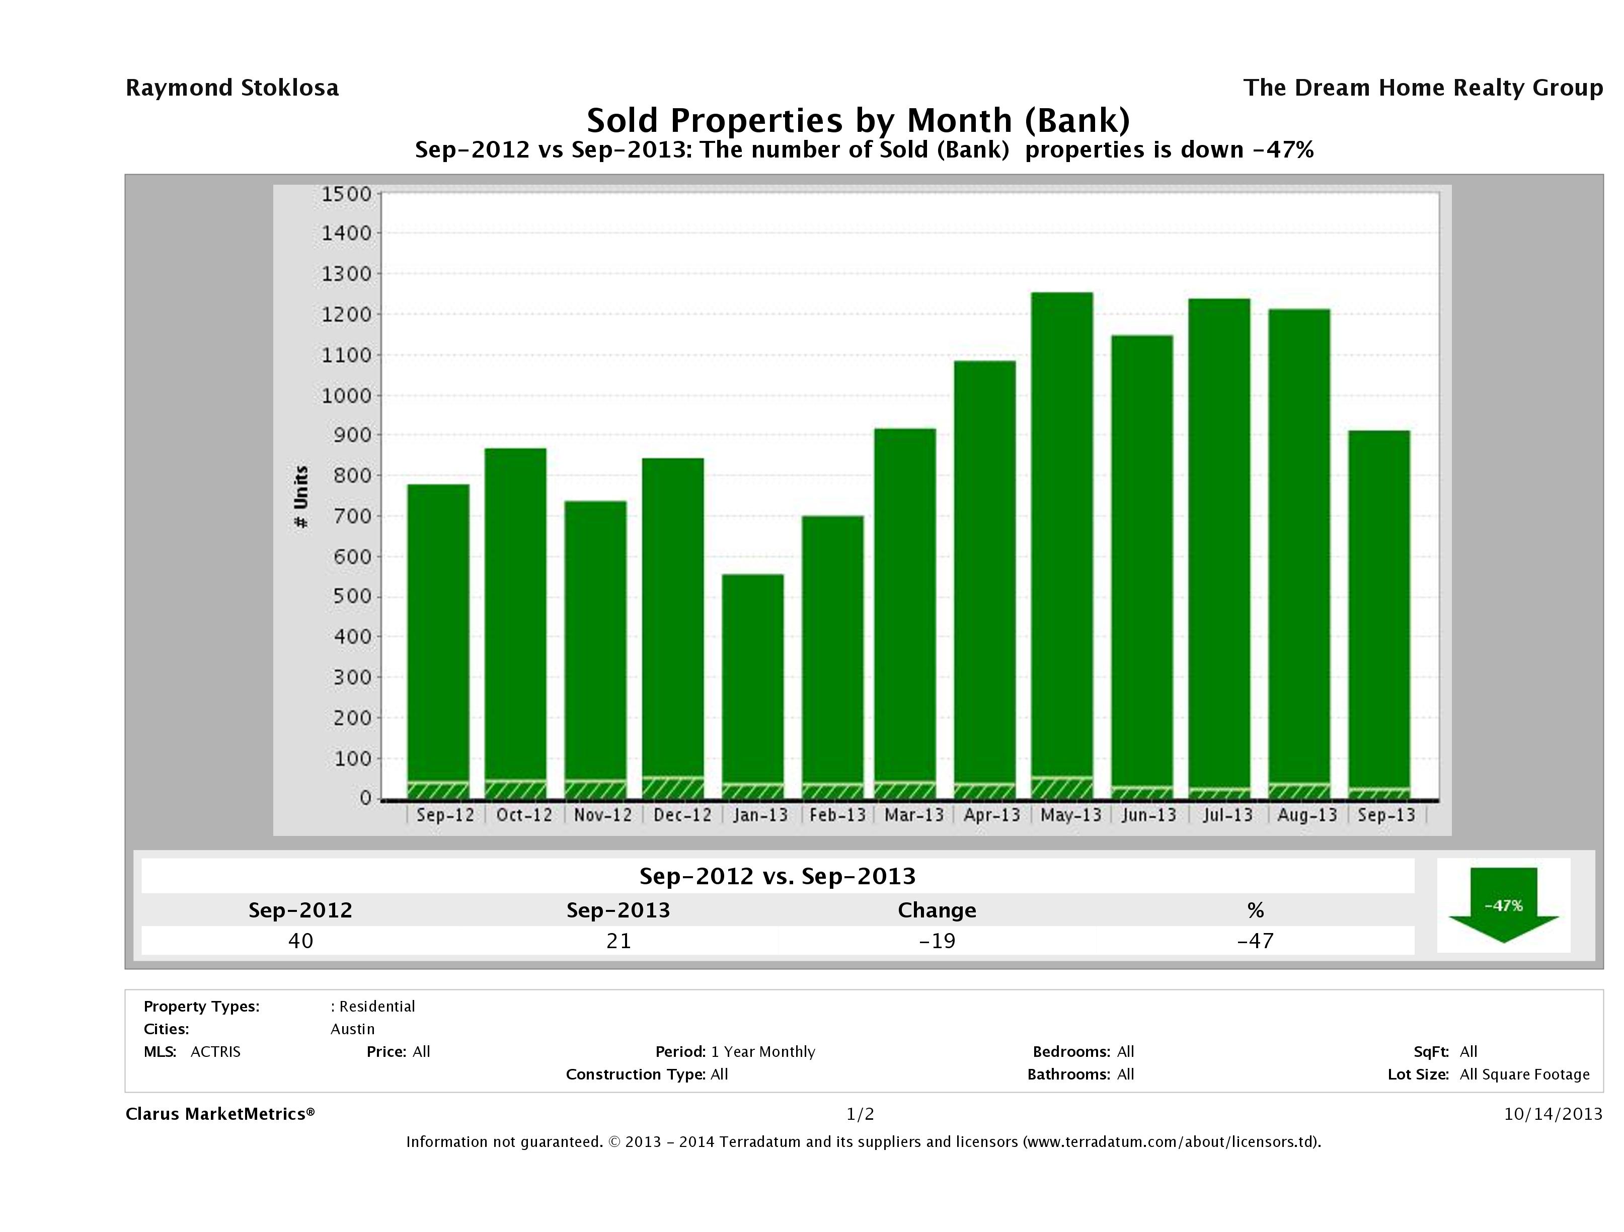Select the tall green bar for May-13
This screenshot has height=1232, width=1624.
click(1062, 536)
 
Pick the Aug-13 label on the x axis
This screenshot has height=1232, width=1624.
click(1307, 815)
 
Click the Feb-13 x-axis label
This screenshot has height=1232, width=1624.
click(837, 815)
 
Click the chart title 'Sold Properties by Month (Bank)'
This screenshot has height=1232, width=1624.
click(858, 120)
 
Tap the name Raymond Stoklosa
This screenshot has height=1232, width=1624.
click(232, 88)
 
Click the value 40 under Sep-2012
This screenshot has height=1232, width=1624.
click(300, 941)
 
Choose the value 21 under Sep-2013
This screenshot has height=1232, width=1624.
click(618, 941)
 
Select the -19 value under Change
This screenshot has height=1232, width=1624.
click(937, 941)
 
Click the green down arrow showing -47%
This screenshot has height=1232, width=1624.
click(1503, 904)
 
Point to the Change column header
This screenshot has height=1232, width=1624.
click(937, 910)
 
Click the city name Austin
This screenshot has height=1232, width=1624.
click(352, 1029)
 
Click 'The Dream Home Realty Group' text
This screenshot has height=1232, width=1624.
click(1423, 88)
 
